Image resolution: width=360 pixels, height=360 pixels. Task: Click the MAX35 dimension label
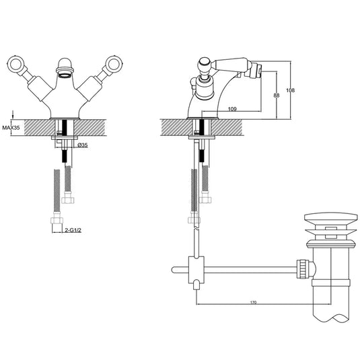click(x=10, y=127)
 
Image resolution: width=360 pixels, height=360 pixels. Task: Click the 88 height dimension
click(x=276, y=96)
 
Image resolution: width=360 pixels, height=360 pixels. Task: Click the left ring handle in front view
click(x=18, y=65)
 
